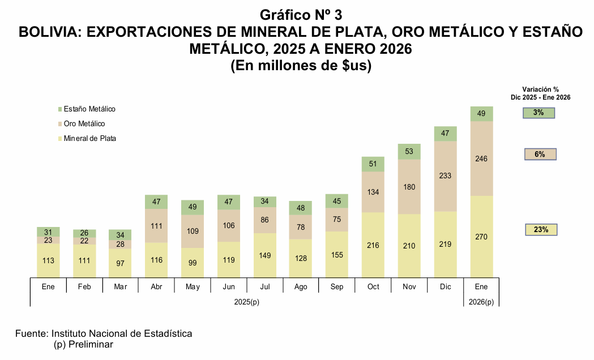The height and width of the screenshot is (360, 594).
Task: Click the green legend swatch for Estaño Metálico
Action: [59, 109]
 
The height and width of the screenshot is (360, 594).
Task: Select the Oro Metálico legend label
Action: [84, 124]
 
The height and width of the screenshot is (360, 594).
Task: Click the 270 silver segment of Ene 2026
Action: [481, 237]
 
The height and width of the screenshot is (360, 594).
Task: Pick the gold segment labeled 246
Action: [481, 158]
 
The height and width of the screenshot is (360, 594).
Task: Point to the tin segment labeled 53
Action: [409, 151]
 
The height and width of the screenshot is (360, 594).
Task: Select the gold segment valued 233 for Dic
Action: [445, 176]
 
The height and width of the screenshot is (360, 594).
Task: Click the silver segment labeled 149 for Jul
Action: [264, 255]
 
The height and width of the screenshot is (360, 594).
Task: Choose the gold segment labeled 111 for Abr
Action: [156, 226]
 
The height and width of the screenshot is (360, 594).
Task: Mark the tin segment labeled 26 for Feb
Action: [84, 233]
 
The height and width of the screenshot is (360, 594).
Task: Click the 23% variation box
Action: [541, 230]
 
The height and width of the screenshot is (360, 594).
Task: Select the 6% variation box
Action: [540, 154]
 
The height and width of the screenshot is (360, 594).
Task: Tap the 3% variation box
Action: [539, 113]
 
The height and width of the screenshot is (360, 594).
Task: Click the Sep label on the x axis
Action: [337, 287]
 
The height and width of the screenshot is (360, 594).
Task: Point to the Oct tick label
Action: [373, 287]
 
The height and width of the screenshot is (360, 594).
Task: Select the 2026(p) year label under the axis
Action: [481, 302]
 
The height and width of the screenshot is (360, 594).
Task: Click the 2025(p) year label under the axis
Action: [247, 302]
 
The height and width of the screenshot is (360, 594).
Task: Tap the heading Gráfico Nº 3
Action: [301, 15]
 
